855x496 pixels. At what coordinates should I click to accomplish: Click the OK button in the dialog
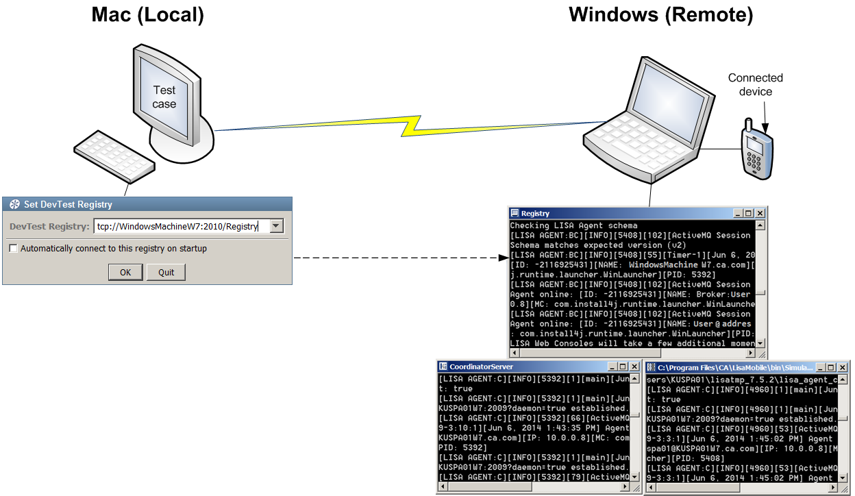(125, 272)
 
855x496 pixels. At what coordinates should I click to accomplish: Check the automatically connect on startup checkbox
(13, 249)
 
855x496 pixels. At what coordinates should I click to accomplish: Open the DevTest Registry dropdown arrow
(276, 227)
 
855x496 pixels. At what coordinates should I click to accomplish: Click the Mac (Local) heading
(148, 15)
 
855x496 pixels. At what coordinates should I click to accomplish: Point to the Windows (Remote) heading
(660, 15)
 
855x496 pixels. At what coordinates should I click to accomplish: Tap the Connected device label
(755, 85)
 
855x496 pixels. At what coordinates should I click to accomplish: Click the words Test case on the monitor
(164, 97)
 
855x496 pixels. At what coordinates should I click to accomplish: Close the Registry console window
(760, 213)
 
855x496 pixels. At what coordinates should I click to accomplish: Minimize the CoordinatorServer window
(612, 367)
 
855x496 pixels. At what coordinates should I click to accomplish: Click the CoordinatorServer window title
(481, 367)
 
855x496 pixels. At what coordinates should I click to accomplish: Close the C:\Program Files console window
(842, 368)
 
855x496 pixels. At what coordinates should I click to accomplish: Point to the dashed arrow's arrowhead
(501, 258)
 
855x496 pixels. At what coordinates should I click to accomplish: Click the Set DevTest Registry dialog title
(68, 204)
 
